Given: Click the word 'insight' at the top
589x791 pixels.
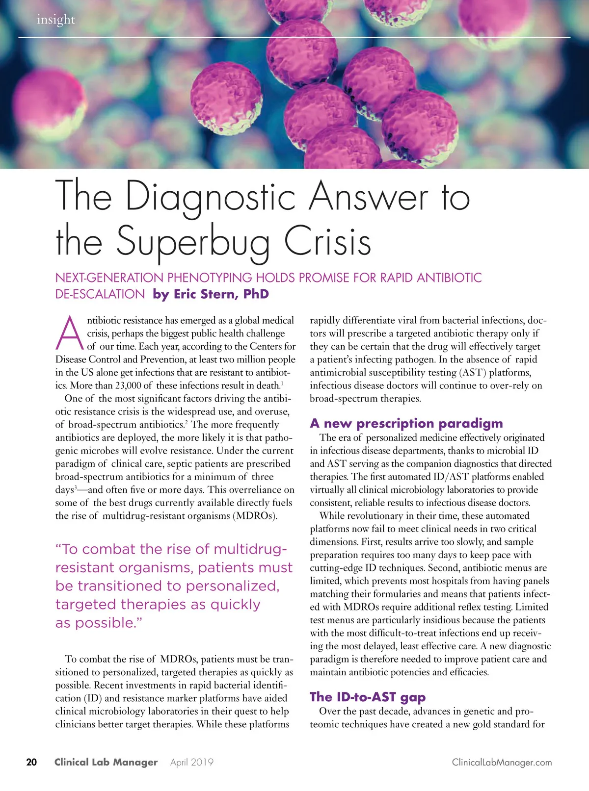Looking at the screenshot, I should [x=56, y=20].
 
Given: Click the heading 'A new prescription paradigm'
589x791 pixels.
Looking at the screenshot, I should [x=406, y=423].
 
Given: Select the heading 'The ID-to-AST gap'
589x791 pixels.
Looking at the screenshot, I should [x=368, y=697].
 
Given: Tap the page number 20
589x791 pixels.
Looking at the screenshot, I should [x=31, y=762].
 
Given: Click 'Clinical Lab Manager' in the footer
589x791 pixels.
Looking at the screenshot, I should [x=106, y=762].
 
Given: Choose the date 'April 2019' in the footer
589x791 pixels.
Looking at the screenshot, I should [x=192, y=762].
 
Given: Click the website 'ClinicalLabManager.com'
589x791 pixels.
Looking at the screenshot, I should [x=502, y=762].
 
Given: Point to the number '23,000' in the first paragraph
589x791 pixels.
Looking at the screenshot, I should [x=128, y=385].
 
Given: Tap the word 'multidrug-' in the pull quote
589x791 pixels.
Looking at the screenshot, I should [x=250, y=549].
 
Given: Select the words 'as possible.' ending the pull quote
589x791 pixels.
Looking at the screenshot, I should [x=99, y=623].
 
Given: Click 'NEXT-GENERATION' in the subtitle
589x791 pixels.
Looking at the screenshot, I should [x=110, y=278].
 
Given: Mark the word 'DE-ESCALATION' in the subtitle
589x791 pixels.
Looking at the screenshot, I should [x=100, y=294].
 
